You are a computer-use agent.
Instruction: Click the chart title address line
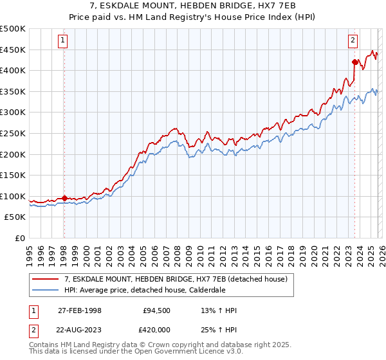click(x=193, y=6)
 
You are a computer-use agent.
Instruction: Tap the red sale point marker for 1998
click(x=64, y=198)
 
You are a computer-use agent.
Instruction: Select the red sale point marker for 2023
click(x=354, y=62)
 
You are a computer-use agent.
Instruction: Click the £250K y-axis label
click(x=13, y=133)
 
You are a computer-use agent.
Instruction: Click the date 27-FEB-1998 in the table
click(x=80, y=310)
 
